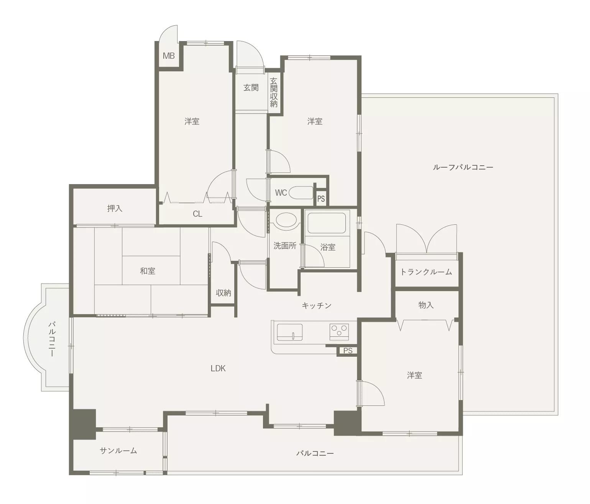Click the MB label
pyautogui.click(x=169, y=56)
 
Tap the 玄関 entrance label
pyautogui.click(x=251, y=88)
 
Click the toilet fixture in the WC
pyautogui.click(x=301, y=193)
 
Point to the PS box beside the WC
pyautogui.click(x=321, y=198)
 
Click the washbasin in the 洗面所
pyautogui.click(x=286, y=220)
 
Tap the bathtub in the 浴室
pyautogui.click(x=327, y=223)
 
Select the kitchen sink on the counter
pyautogui.click(x=290, y=333)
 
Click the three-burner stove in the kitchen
pyautogui.click(x=339, y=332)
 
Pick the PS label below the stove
pyautogui.click(x=348, y=350)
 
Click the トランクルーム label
pyautogui.click(x=426, y=272)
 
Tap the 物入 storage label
pyautogui.click(x=426, y=305)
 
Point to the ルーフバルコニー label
pyautogui.click(x=463, y=167)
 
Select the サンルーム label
pyautogui.click(x=118, y=451)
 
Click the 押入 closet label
pyautogui.click(x=115, y=208)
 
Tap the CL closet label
pyautogui.click(x=197, y=214)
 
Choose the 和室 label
pyautogui.click(x=148, y=271)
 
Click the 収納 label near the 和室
pyautogui.click(x=223, y=293)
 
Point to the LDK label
pyautogui.click(x=218, y=369)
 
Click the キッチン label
pyautogui.click(x=317, y=306)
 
